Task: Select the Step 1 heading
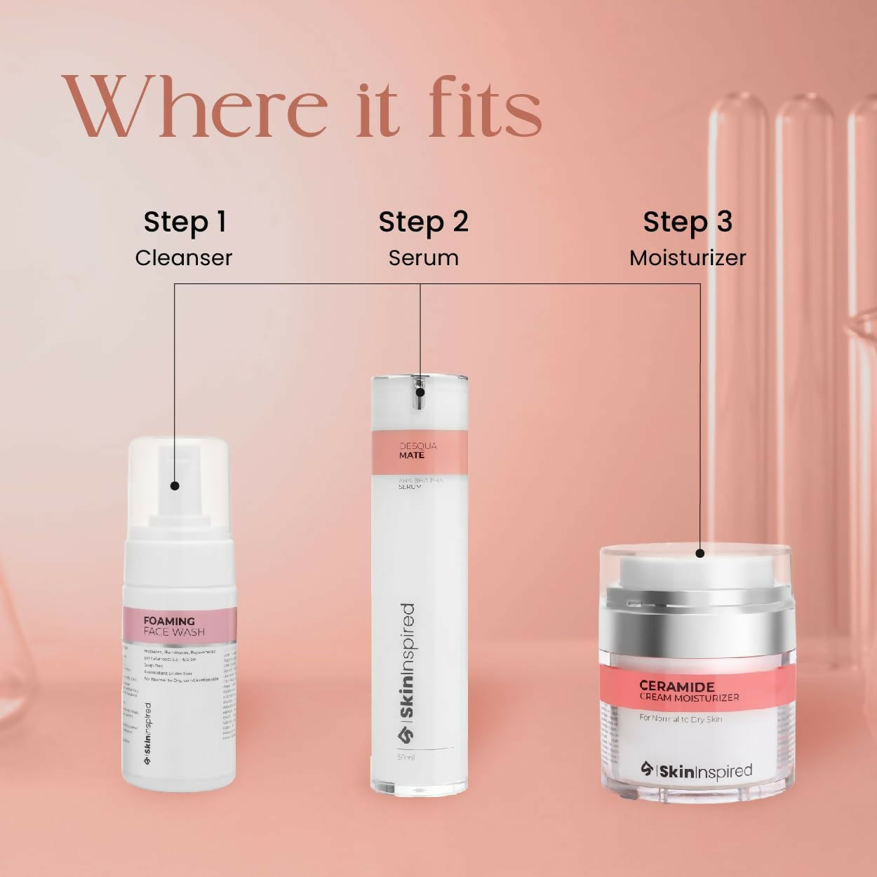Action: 185,222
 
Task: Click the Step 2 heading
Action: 423,222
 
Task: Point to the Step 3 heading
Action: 688,222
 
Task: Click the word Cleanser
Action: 183,257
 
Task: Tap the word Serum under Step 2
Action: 423,257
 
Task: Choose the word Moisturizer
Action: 688,257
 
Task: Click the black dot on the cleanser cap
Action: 175,486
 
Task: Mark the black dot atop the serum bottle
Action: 420,393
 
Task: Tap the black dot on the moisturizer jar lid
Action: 699,553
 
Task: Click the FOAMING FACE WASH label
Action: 175,626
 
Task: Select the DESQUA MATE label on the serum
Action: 417,450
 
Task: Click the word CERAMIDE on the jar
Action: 677,686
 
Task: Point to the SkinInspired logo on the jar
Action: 696,771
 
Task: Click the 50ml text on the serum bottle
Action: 406,758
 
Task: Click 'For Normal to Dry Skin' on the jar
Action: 681,718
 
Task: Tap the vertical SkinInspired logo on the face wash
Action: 147,734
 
